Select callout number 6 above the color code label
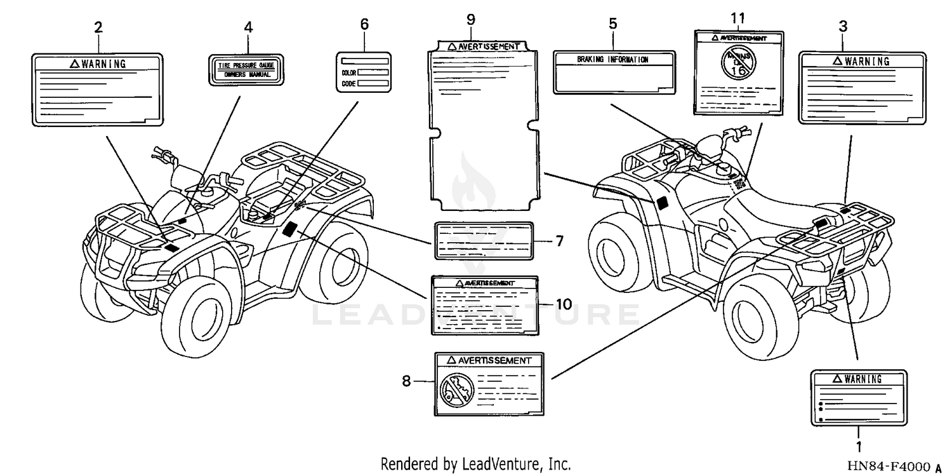[x=364, y=24]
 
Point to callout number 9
[x=470, y=19]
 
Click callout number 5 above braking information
[x=612, y=24]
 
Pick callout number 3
[x=842, y=27]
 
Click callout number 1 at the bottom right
[x=859, y=447]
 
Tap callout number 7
[x=559, y=241]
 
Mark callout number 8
[x=407, y=381]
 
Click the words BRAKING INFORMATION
[x=612, y=60]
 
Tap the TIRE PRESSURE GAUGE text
[x=246, y=65]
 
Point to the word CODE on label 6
[x=348, y=83]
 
